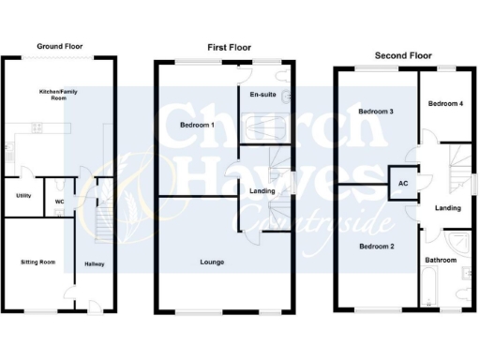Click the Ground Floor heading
click(60, 45)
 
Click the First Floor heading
click(227, 48)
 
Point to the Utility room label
click(22, 195)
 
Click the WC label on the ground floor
click(58, 201)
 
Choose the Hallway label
click(95, 263)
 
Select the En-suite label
click(261, 96)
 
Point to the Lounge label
click(211, 262)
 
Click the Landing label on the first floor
click(262, 192)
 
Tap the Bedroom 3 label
click(376, 112)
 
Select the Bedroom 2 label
click(376, 246)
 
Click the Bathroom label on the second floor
click(440, 260)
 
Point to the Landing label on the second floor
click(447, 207)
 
